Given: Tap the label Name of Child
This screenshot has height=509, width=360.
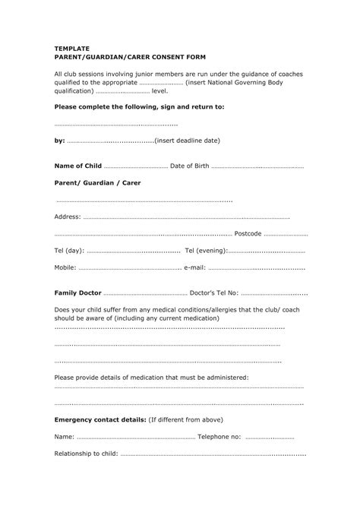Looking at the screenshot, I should (77, 166).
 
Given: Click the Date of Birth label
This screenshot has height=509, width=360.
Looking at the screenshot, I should (189, 166).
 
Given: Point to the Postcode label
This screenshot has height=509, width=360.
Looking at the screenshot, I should (248, 233).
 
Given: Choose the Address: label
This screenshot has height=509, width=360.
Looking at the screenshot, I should (68, 217).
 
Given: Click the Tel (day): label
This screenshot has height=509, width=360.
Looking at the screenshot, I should (69, 251).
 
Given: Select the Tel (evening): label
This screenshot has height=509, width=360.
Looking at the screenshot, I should (206, 251).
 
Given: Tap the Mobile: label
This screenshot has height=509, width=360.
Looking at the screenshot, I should (65, 268).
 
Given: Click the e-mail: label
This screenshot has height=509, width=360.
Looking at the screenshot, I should (194, 268).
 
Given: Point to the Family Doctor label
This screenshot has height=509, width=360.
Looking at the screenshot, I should (78, 292).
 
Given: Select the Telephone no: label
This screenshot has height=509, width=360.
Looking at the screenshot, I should (219, 437).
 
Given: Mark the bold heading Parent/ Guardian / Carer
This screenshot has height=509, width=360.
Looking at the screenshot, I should (97, 183).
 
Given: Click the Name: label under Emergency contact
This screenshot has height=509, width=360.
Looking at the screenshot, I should (65, 437).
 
